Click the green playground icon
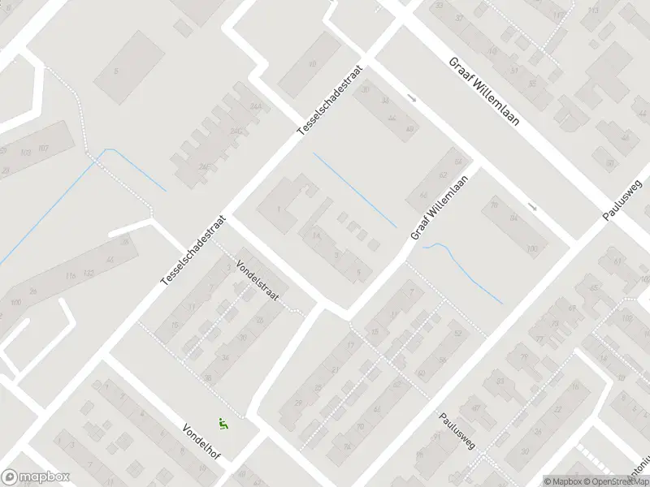tap(223, 423)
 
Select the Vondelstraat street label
tap(257, 281)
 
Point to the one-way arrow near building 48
tap(412, 99)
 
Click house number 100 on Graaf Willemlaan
tap(532, 248)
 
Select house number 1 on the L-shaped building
tap(279, 210)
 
